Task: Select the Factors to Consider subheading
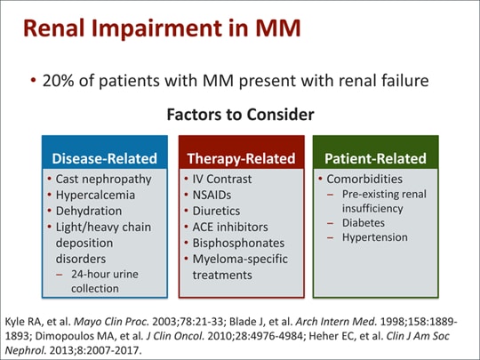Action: pos(239,115)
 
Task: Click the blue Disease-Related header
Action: pos(104,158)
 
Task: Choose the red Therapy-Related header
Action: pos(240,158)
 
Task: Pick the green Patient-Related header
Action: pos(375,158)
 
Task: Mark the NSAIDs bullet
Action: pos(218,195)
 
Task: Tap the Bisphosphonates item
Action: pos(240,243)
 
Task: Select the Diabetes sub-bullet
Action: pos(367,223)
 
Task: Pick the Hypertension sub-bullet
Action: pos(376,237)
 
